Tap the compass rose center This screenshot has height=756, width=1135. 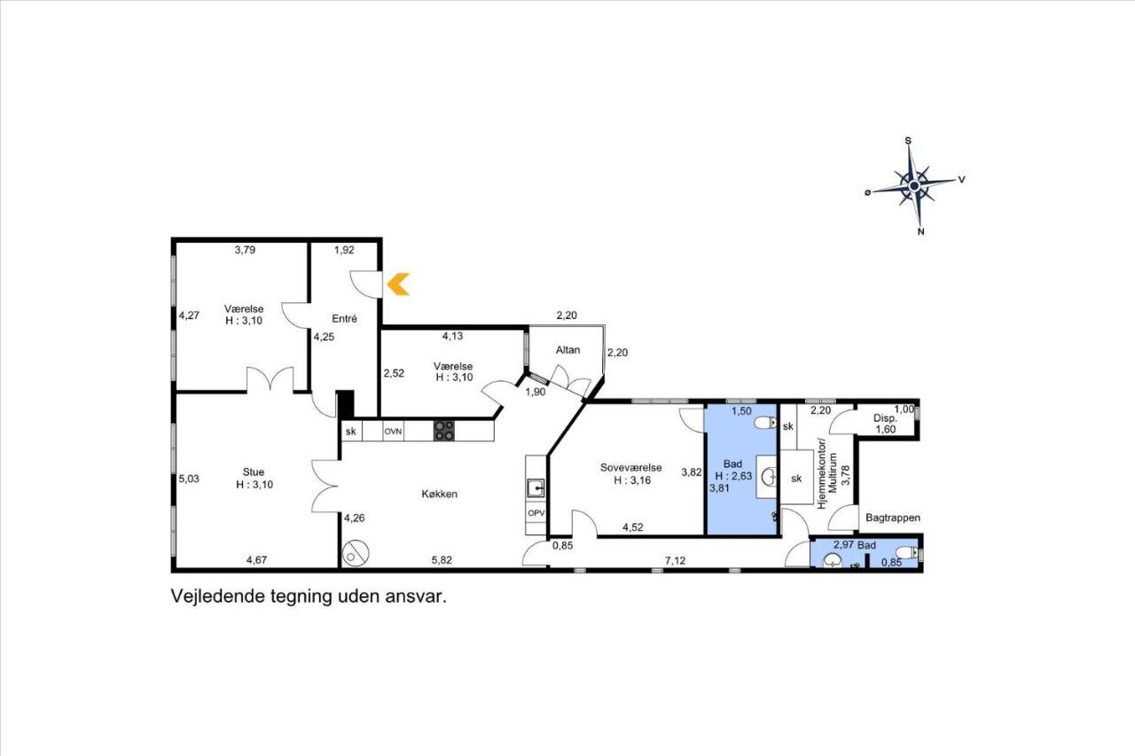(x=914, y=186)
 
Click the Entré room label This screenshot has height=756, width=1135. (x=345, y=318)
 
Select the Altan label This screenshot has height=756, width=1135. (x=567, y=350)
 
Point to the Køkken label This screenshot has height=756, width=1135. (x=439, y=494)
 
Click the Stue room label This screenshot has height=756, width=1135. (x=254, y=472)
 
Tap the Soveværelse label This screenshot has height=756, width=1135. (x=630, y=467)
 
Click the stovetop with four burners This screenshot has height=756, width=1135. (x=444, y=431)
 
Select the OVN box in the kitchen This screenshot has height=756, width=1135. (x=393, y=432)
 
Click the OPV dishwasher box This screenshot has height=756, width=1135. (x=536, y=513)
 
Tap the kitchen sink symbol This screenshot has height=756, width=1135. (x=536, y=488)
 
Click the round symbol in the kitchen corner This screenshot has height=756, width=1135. (x=356, y=552)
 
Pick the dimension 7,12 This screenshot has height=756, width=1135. (x=676, y=560)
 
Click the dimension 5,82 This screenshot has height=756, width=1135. (x=442, y=560)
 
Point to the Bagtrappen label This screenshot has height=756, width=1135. (x=893, y=518)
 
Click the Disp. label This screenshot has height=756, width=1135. (x=885, y=418)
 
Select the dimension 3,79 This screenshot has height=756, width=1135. (x=245, y=250)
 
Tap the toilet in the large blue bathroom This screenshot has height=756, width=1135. (x=765, y=422)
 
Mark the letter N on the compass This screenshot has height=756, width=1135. (x=920, y=232)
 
